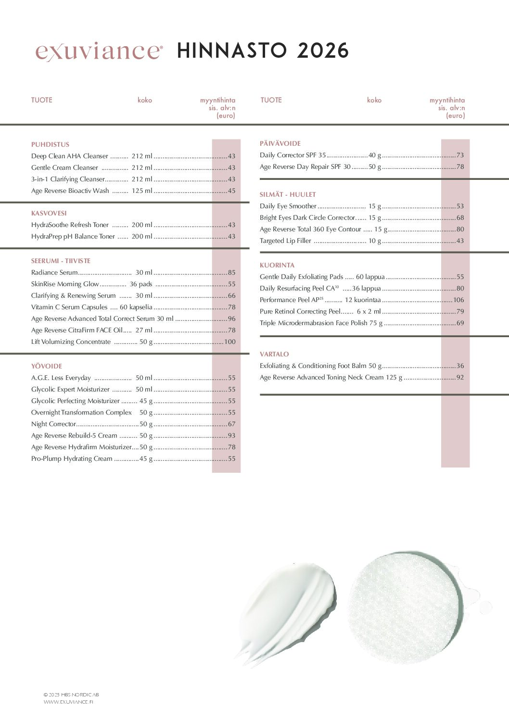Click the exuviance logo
[99, 51]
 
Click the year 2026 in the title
[322, 51]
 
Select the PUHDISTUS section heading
[50, 144]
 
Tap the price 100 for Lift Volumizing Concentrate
[230, 342]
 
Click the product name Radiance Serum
[54, 273]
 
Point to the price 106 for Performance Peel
[459, 300]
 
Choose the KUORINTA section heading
[277, 265]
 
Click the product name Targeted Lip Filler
[285, 241]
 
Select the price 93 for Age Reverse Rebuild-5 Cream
[232, 436]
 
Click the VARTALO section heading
[274, 354]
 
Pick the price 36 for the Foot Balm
[460, 366]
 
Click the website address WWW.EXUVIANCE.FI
[68, 702]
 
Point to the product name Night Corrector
[53, 424]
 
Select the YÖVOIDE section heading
[47, 366]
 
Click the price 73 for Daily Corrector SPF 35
[460, 155]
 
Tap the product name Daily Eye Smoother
[288, 206]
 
